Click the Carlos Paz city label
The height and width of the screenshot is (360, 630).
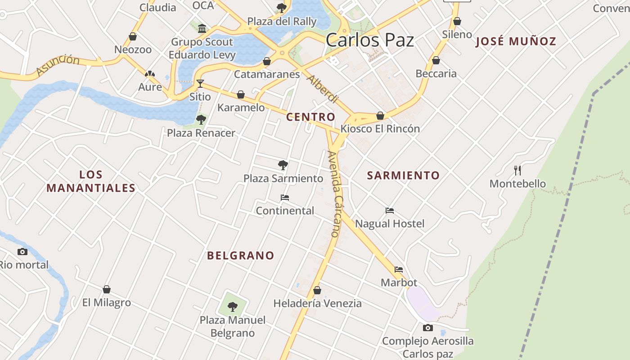[369, 40]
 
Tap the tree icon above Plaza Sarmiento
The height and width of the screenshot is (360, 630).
[283, 165]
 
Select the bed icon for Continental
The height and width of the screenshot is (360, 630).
[285, 198]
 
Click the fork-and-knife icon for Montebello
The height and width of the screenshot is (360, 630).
[517, 170]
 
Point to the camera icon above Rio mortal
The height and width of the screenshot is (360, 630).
[22, 252]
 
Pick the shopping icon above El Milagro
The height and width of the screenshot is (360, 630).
[107, 289]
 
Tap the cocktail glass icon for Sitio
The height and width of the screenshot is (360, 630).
[200, 84]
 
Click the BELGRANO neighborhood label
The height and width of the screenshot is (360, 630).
[240, 256]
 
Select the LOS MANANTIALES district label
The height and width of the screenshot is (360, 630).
[91, 181]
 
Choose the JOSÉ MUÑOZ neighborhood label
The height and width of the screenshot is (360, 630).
[516, 42]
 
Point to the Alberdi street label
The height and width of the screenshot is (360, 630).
[322, 89]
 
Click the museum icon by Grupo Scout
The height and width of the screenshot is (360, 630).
[202, 29]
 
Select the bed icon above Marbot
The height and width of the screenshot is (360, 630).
[399, 270]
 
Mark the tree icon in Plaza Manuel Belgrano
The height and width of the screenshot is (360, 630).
[233, 307]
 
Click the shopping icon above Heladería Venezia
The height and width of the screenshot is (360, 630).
[317, 290]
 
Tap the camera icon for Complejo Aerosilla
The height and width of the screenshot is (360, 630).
[428, 328]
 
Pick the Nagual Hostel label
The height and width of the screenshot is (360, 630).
[390, 224]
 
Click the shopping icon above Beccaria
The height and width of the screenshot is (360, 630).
[436, 60]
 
